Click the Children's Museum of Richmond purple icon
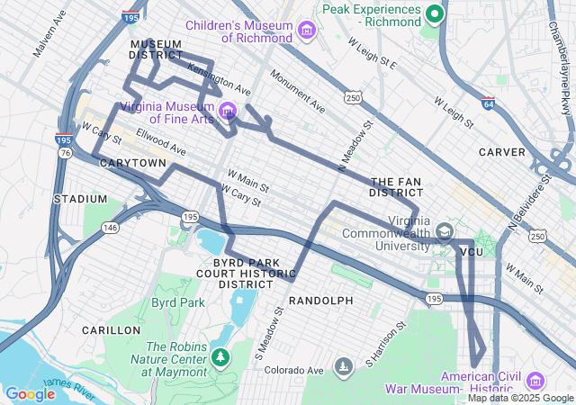[x=307, y=31]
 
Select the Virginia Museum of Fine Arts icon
[x=228, y=112]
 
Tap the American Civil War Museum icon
[x=535, y=381]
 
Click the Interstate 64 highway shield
[x=488, y=103]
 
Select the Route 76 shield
[x=65, y=154]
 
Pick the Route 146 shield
[x=110, y=228]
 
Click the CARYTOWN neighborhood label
[x=132, y=163]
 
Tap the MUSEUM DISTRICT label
[x=157, y=49]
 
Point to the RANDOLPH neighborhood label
[x=320, y=300]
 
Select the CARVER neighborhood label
[x=501, y=152]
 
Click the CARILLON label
[x=111, y=330]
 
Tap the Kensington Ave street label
[x=219, y=77]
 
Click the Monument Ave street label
[x=298, y=93]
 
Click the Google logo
[x=30, y=393]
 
